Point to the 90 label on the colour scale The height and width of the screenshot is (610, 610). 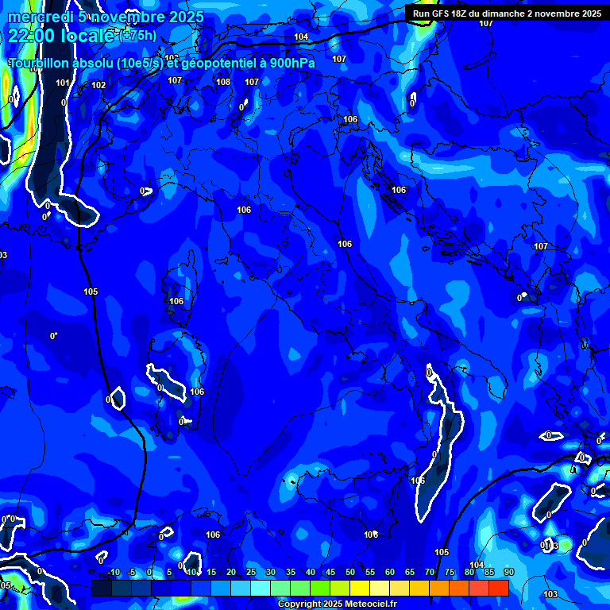(508, 573)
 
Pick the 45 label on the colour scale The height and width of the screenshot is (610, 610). (330, 573)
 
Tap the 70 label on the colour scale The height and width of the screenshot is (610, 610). (430, 573)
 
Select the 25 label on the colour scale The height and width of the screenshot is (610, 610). (251, 573)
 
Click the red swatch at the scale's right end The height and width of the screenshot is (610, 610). (498, 588)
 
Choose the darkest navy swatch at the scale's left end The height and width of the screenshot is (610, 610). (102, 588)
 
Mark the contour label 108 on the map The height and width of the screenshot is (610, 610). (223, 82)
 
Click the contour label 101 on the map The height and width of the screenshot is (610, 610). (63, 83)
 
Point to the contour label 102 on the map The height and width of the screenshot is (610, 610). (98, 85)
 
